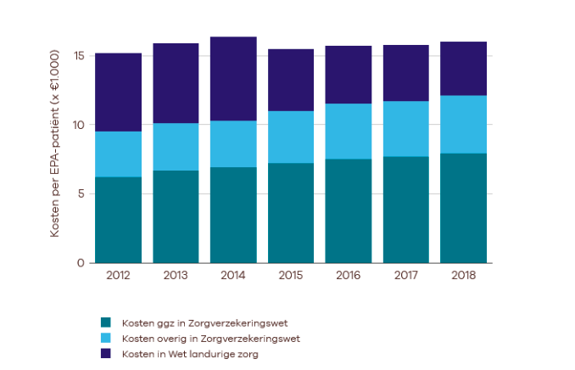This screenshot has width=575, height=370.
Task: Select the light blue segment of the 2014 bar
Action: (x=233, y=143)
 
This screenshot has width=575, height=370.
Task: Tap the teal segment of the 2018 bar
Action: (x=464, y=208)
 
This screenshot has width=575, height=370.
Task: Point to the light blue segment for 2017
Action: (x=406, y=128)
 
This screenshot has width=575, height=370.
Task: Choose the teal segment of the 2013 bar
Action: (x=176, y=216)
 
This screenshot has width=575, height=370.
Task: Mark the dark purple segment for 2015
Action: (x=291, y=80)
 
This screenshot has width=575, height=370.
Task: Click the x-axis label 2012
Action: (x=118, y=276)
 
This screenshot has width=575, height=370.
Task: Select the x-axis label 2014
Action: (x=233, y=276)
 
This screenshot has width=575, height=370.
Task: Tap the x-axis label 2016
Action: (x=349, y=276)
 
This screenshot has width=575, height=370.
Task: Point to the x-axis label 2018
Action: (x=464, y=276)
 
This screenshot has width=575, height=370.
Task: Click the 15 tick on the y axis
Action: (x=78, y=56)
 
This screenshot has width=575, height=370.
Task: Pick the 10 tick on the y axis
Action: (x=78, y=125)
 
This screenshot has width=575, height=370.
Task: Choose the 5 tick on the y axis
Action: (x=81, y=193)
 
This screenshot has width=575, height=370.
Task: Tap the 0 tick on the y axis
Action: (x=81, y=263)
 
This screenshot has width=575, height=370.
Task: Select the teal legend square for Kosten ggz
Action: (x=106, y=322)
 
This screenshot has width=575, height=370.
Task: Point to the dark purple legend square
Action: (x=106, y=354)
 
